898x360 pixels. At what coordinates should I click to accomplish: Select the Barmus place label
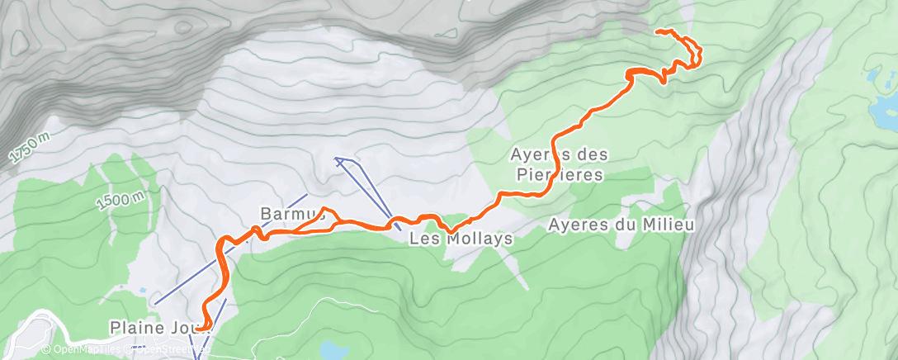[284, 213]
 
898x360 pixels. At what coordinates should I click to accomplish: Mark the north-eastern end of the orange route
[657, 31]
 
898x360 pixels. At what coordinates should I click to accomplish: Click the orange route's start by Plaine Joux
[198, 329]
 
